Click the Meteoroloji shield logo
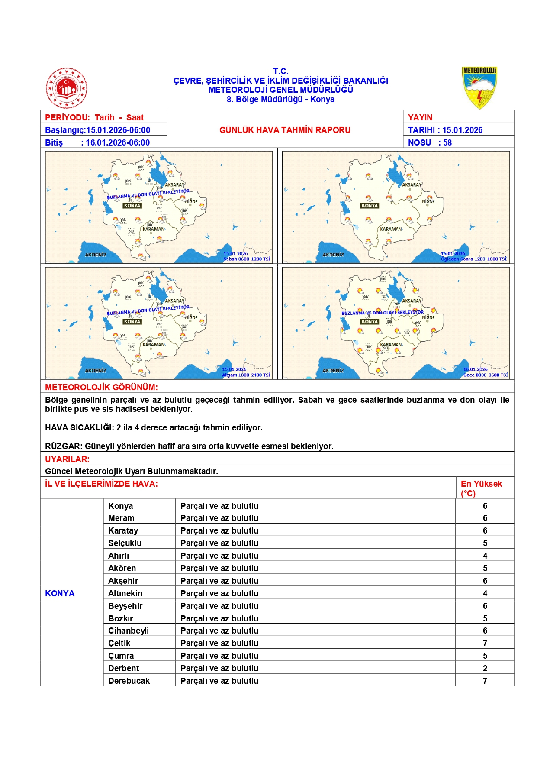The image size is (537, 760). (x=479, y=88)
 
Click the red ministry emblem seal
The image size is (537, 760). (x=67, y=88)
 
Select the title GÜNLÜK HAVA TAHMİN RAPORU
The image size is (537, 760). (x=285, y=130)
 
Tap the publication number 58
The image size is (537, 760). (x=447, y=142)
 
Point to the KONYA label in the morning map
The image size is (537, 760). (x=132, y=206)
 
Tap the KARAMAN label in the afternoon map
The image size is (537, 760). (x=391, y=229)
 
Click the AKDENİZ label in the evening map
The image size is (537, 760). (x=95, y=371)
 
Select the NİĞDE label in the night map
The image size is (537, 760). (x=428, y=317)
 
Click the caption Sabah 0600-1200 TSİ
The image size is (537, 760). (x=247, y=259)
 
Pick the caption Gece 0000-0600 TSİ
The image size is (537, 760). (x=485, y=375)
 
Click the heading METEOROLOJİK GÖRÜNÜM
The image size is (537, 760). (x=101, y=387)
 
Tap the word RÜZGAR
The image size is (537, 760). (x=64, y=446)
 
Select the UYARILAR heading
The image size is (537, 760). (x=67, y=459)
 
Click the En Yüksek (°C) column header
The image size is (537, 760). (x=481, y=488)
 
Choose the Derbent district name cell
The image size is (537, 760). (x=124, y=668)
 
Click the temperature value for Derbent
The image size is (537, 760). (x=485, y=668)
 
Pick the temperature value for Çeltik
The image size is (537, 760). (x=485, y=643)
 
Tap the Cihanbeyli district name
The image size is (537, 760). (x=129, y=631)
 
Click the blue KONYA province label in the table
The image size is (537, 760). (x=60, y=593)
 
